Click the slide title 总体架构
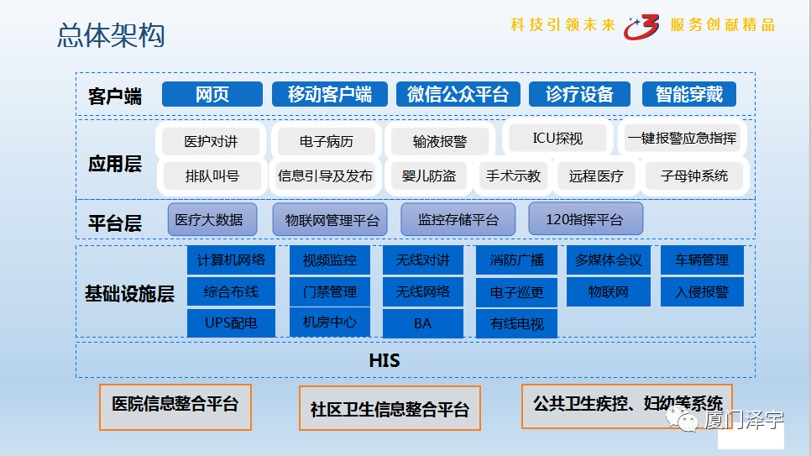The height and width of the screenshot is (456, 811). pyautogui.click(x=111, y=35)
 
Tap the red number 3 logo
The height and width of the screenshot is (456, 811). pyautogui.click(x=642, y=27)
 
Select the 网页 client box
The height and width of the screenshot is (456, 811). pyautogui.click(x=212, y=94)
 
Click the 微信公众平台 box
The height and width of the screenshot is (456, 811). pyautogui.click(x=458, y=94)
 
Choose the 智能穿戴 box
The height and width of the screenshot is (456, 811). pyautogui.click(x=688, y=94)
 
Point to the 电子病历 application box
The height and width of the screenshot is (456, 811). pyautogui.click(x=326, y=141)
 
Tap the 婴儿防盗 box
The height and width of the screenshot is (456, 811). pyautogui.click(x=429, y=176)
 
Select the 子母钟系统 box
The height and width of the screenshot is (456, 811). pyautogui.click(x=694, y=176)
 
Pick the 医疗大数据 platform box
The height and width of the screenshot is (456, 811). pyautogui.click(x=209, y=220)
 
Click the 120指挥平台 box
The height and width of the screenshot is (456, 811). pyautogui.click(x=585, y=220)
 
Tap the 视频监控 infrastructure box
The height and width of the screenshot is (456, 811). pyautogui.click(x=329, y=260)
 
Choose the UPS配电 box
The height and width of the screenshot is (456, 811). pyautogui.click(x=230, y=322)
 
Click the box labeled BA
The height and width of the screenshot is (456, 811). pyautogui.click(x=422, y=323)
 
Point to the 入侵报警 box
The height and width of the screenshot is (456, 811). pyautogui.click(x=702, y=292)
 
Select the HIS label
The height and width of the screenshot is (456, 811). pyautogui.click(x=385, y=361)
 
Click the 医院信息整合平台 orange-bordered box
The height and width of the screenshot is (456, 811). pyautogui.click(x=175, y=405)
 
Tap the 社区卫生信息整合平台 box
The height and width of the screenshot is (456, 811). pyautogui.click(x=390, y=410)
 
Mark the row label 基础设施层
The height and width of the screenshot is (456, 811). pyautogui.click(x=129, y=294)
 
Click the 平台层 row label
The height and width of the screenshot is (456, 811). pyautogui.click(x=115, y=223)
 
